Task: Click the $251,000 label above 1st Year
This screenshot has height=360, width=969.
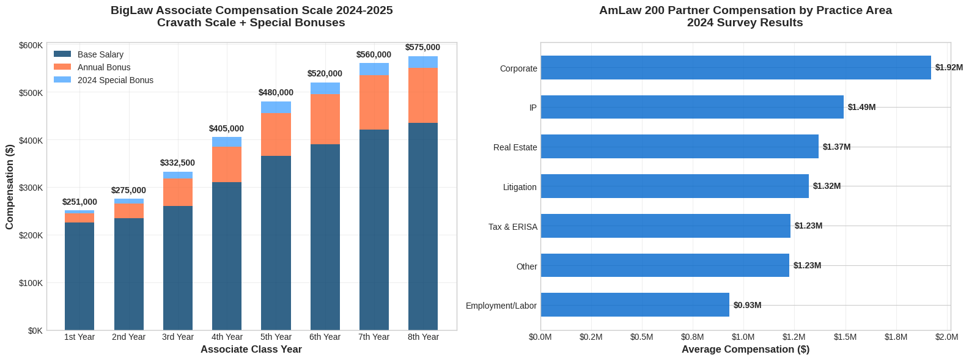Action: (79, 202)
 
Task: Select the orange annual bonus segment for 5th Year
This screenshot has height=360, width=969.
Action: (276, 134)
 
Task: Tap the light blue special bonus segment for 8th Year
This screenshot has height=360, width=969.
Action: (423, 62)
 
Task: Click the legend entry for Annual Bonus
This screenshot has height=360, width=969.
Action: (103, 67)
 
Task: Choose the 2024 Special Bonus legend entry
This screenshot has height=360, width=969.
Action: (115, 80)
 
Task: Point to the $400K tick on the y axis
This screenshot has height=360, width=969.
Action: (31, 141)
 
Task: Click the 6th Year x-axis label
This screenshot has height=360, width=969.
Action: (325, 337)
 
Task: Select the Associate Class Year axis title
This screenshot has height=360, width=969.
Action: (251, 350)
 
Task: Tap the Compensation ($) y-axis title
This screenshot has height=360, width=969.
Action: (10, 188)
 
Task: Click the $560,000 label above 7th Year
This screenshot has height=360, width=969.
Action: (374, 55)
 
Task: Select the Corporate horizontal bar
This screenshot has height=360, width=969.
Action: (735, 68)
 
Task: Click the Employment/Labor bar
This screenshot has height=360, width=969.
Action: (635, 305)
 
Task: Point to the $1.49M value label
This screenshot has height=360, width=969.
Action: (861, 107)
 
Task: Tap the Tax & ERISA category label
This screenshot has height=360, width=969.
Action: (512, 227)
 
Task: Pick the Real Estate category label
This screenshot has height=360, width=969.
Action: (515, 147)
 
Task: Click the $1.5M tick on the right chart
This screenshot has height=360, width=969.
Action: (845, 337)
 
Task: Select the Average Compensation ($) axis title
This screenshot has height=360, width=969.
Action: (745, 350)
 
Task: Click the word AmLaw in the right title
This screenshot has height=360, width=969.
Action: (617, 10)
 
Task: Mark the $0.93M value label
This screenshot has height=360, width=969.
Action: (747, 305)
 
